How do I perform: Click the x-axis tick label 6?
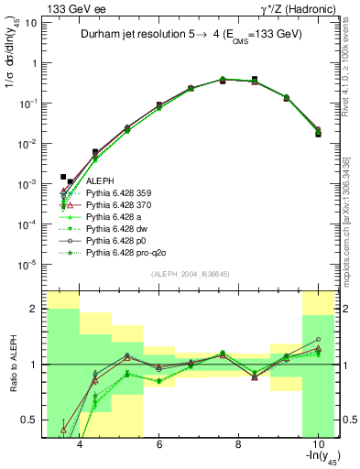[x=159, y=444]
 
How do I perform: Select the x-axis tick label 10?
[x=317, y=444]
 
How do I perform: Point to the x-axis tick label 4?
[x=81, y=444]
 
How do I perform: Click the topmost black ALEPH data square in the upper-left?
[x=63, y=177]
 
